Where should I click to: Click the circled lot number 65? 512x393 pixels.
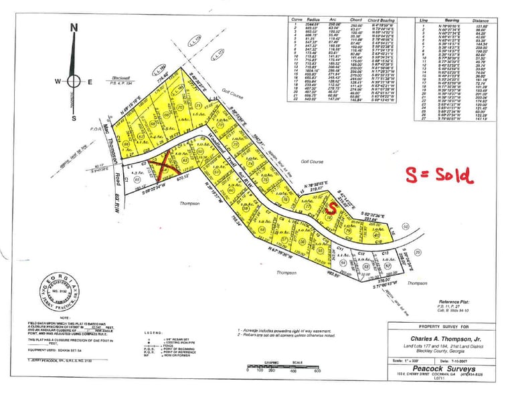coord(138,179)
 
